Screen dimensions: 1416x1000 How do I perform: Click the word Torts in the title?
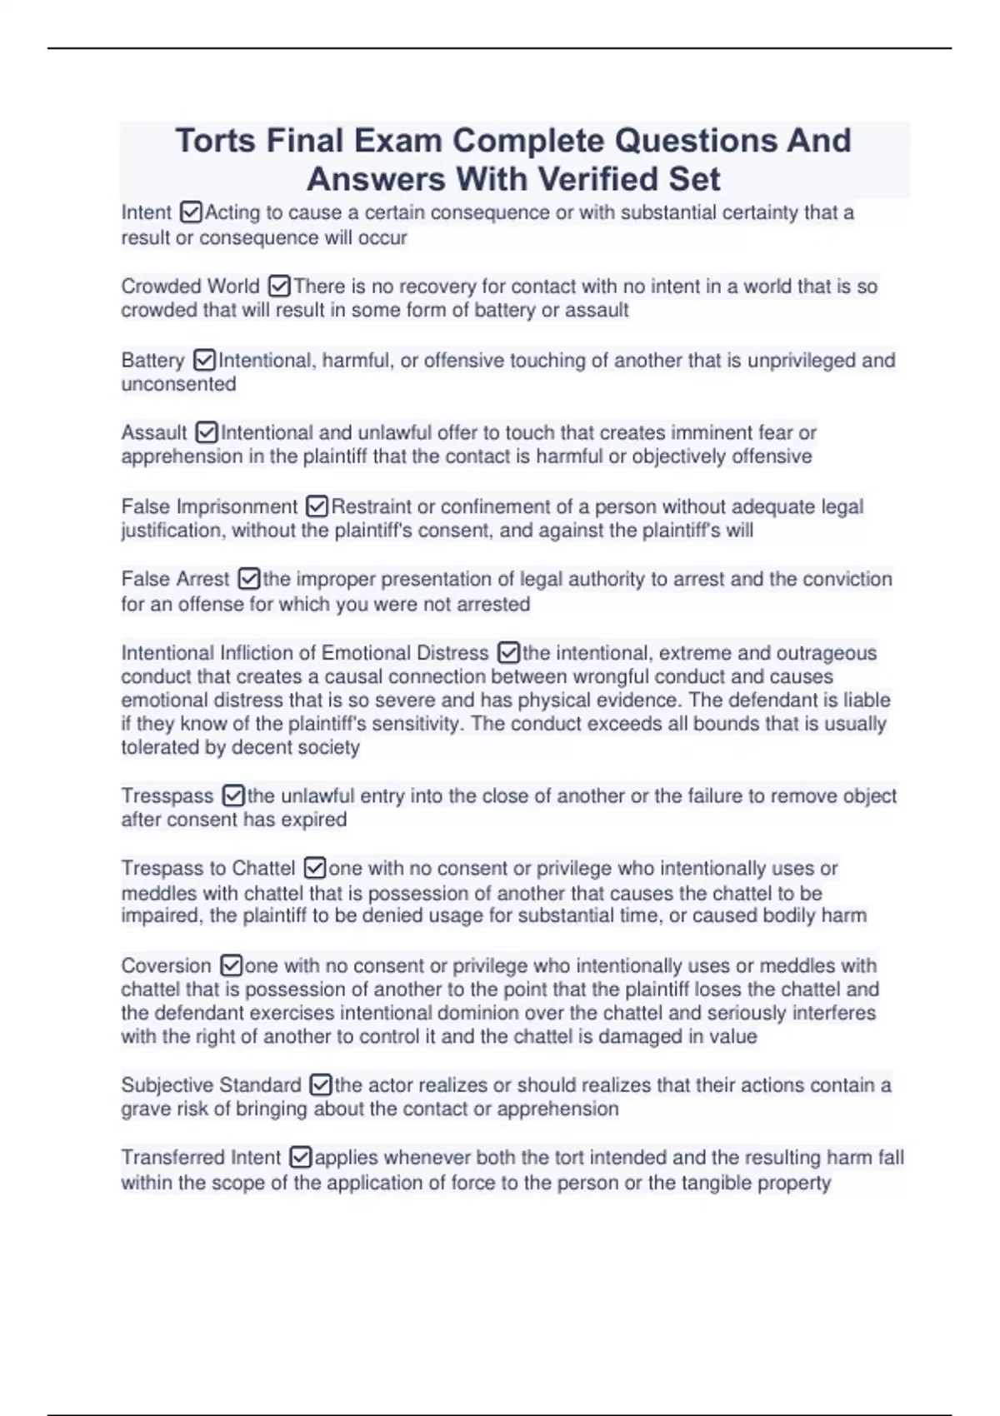[x=215, y=141]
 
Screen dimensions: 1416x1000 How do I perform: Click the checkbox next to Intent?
[x=191, y=212]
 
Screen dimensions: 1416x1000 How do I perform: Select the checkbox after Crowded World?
[x=279, y=287]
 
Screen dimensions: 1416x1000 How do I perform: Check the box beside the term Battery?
[x=203, y=361]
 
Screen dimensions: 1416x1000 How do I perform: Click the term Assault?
[x=154, y=433]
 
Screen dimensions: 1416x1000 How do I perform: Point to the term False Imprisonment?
[x=209, y=506]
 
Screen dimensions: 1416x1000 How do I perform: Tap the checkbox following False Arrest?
[x=248, y=579]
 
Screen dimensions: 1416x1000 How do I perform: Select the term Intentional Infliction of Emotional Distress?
[x=304, y=653]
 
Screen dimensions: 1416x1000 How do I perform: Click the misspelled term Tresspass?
[x=167, y=796]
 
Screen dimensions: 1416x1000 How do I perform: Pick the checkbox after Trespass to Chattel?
[x=314, y=868]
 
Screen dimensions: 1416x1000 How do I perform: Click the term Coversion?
[x=166, y=966]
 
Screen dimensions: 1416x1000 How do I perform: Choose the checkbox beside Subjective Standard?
[x=320, y=1085]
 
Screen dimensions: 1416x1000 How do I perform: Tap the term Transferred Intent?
[x=201, y=1158]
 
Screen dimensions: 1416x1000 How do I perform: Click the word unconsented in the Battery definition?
[x=178, y=384]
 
